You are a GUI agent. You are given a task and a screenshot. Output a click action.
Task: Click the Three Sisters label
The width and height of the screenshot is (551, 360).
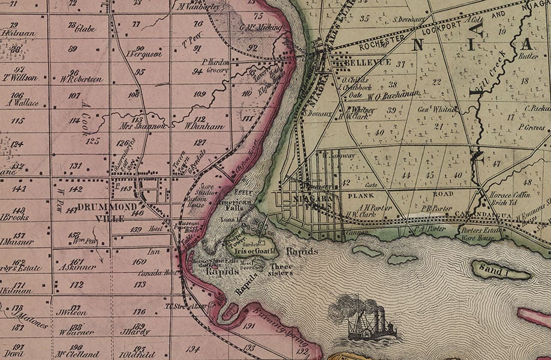281,269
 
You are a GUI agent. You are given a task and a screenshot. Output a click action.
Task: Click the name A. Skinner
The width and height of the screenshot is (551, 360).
79,267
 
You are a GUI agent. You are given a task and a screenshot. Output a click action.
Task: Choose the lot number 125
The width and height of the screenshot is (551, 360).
92,141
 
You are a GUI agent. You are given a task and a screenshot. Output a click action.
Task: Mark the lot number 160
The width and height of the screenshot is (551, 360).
139,262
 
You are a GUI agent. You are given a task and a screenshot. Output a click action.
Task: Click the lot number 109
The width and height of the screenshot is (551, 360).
200,94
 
